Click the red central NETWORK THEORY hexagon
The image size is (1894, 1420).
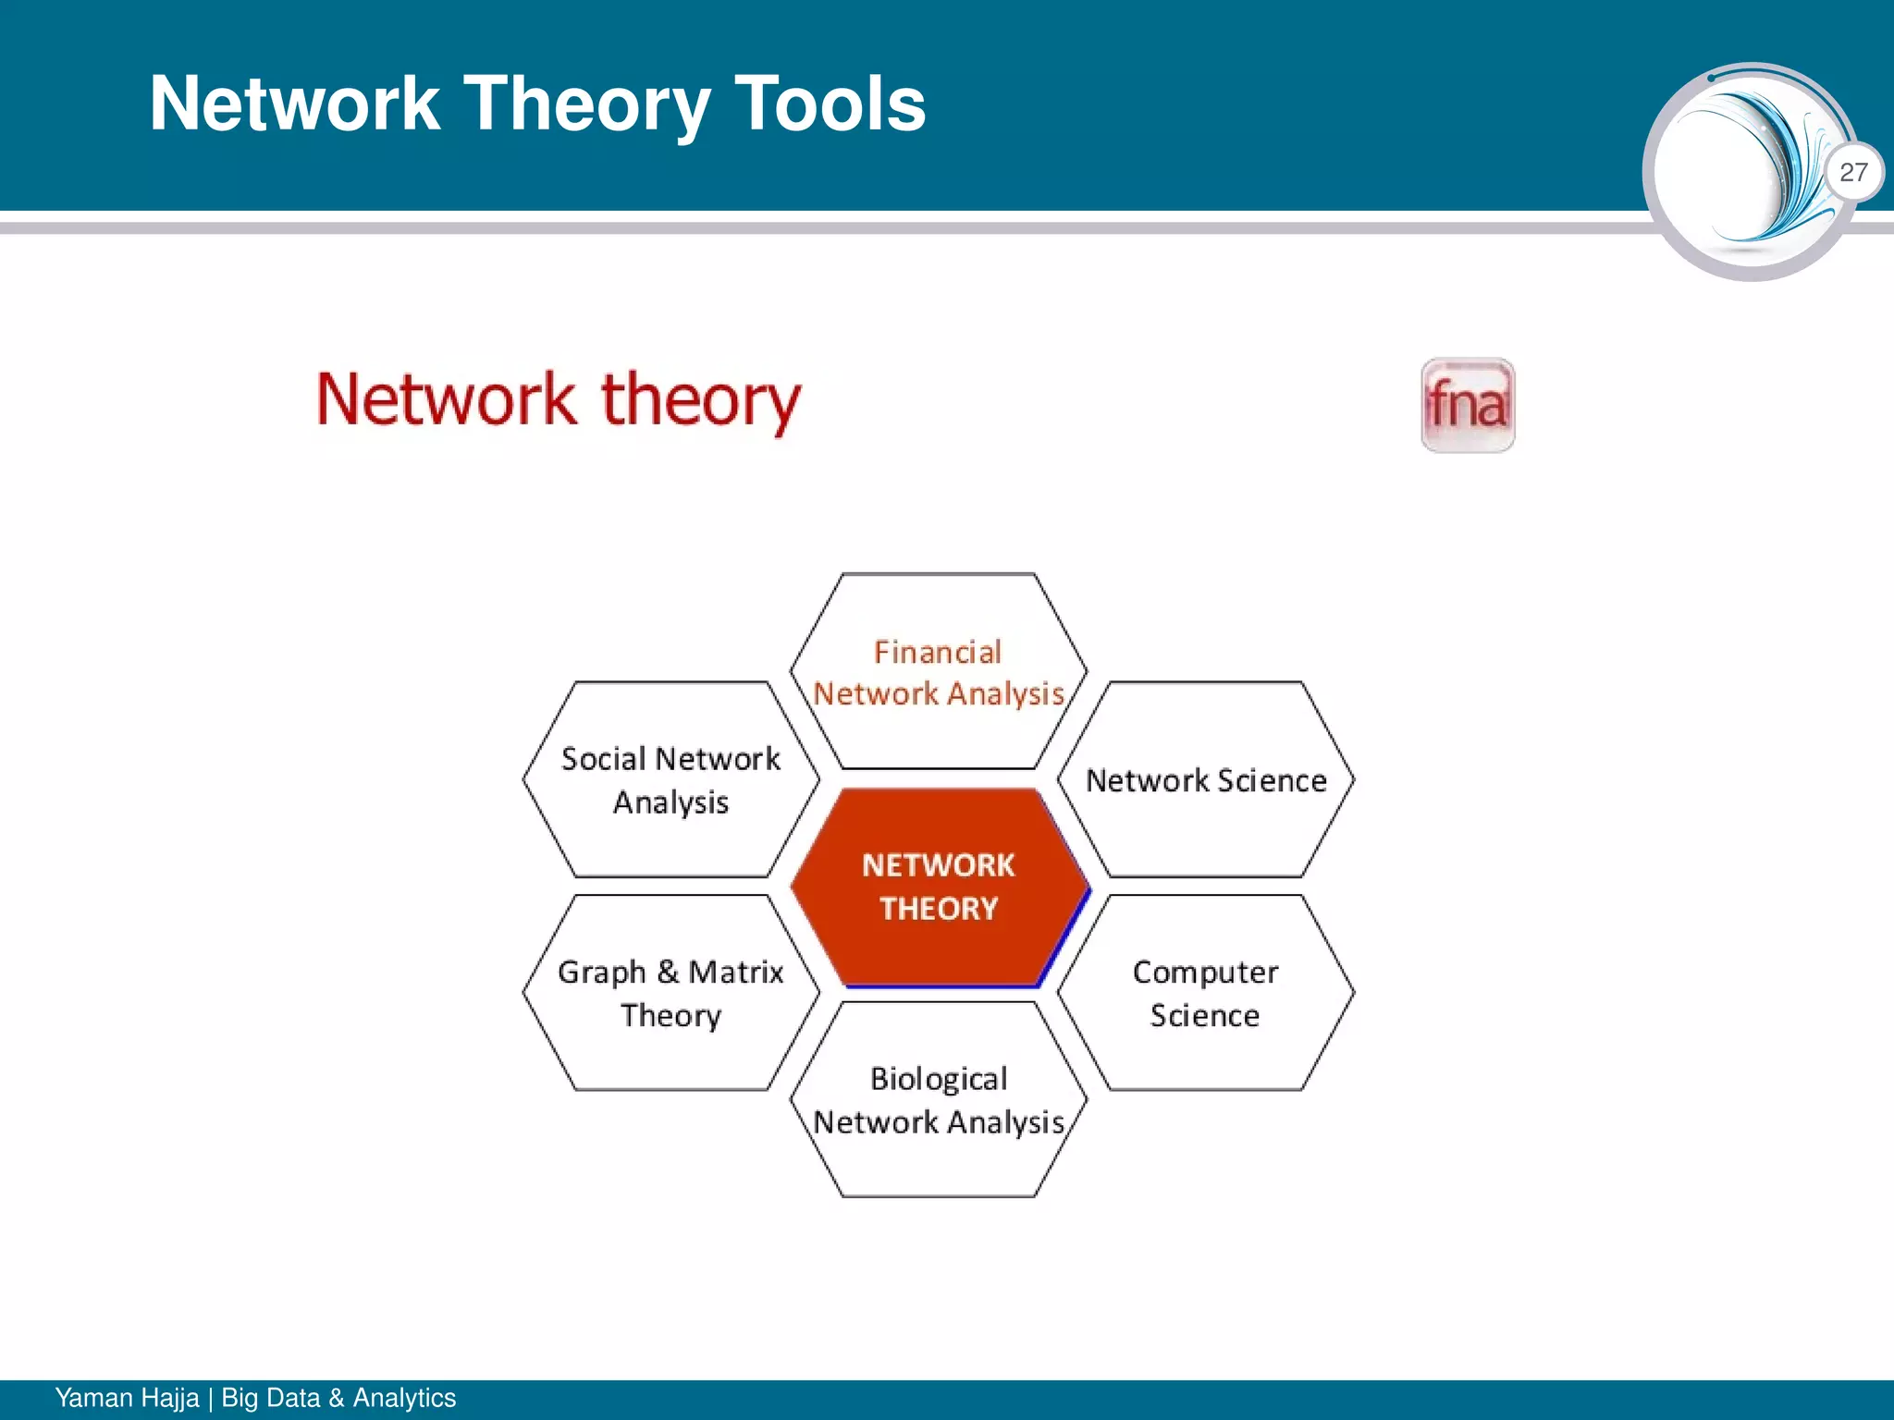click(939, 887)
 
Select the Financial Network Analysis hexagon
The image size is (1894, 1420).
click(939, 672)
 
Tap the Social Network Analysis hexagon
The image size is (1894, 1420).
click(670, 779)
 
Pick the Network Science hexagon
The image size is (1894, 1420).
click(1206, 780)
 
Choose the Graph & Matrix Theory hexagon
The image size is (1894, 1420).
click(670, 993)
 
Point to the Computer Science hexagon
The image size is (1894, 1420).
click(1206, 993)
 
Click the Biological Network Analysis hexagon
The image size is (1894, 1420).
click(939, 1100)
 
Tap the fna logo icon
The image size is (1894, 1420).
click(1468, 406)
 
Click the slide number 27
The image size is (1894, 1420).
click(1853, 172)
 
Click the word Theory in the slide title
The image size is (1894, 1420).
click(584, 104)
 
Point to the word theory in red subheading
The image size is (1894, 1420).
click(701, 400)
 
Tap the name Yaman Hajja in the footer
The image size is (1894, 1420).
click(127, 1398)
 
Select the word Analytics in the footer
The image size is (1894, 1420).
click(404, 1398)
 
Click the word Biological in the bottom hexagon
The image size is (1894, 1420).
click(939, 1079)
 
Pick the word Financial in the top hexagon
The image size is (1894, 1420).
click(938, 653)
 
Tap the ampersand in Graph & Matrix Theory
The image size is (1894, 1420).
click(668, 972)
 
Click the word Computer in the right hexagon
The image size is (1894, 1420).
click(1205, 972)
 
